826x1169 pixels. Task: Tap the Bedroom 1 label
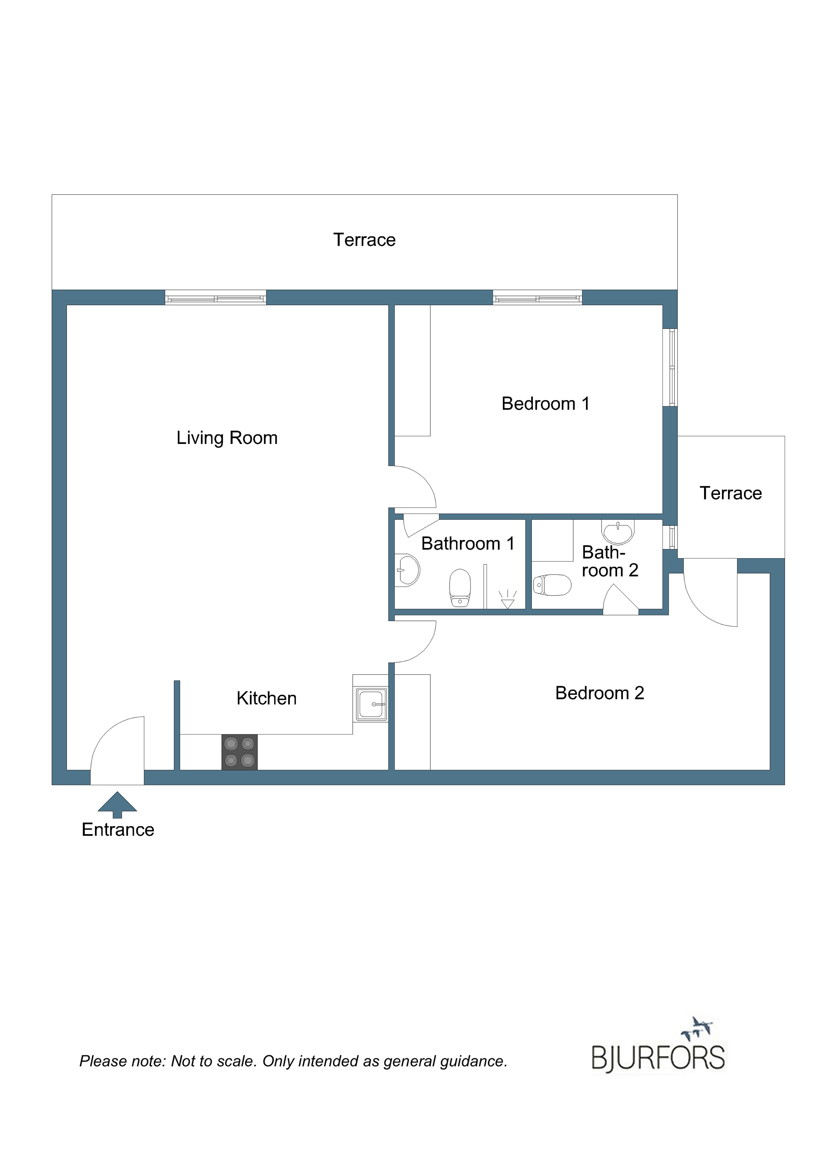click(546, 404)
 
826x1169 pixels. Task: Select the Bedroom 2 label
click(600, 693)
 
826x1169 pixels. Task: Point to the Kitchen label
click(267, 698)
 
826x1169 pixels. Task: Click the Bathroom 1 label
click(468, 544)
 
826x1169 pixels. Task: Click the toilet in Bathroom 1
click(460, 588)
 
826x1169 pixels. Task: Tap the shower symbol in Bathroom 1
click(507, 599)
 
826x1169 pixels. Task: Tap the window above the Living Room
click(215, 297)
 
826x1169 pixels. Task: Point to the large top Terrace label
click(364, 240)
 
